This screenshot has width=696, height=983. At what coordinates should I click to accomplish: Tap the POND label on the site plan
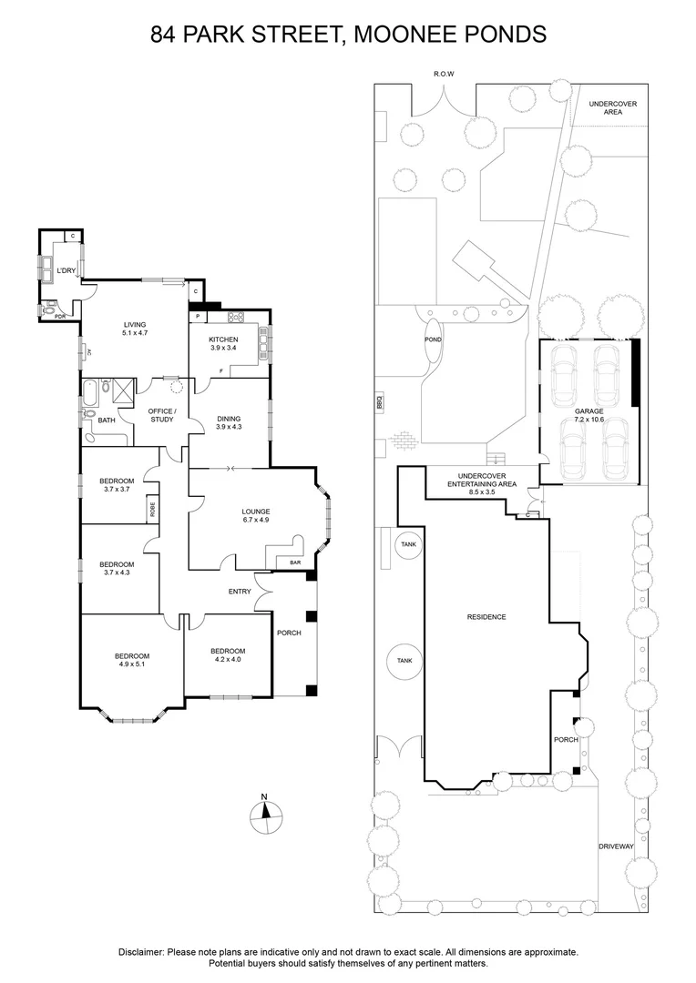pos(433,339)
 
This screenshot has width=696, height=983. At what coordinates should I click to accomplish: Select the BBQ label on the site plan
pos(380,400)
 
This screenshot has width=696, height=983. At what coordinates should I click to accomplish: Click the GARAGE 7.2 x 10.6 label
pos(589,415)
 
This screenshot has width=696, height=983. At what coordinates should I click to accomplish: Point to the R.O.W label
pos(445,74)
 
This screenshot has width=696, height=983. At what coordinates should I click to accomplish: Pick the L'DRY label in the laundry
pos(66,271)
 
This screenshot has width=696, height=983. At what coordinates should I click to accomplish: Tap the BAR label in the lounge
pos(295,562)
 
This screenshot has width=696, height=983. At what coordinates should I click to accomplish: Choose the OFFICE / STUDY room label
pos(161,415)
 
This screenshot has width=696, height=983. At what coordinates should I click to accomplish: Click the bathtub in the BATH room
pos(89,394)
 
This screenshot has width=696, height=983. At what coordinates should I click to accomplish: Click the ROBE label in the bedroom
pos(153,511)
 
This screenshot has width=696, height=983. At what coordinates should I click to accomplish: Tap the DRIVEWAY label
pos(616,846)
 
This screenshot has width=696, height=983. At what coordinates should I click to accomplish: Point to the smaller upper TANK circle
pos(407,544)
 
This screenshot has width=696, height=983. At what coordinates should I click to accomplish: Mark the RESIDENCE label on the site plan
pos(486,617)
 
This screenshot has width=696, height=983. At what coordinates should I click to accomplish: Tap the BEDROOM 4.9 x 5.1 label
pos(131,660)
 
